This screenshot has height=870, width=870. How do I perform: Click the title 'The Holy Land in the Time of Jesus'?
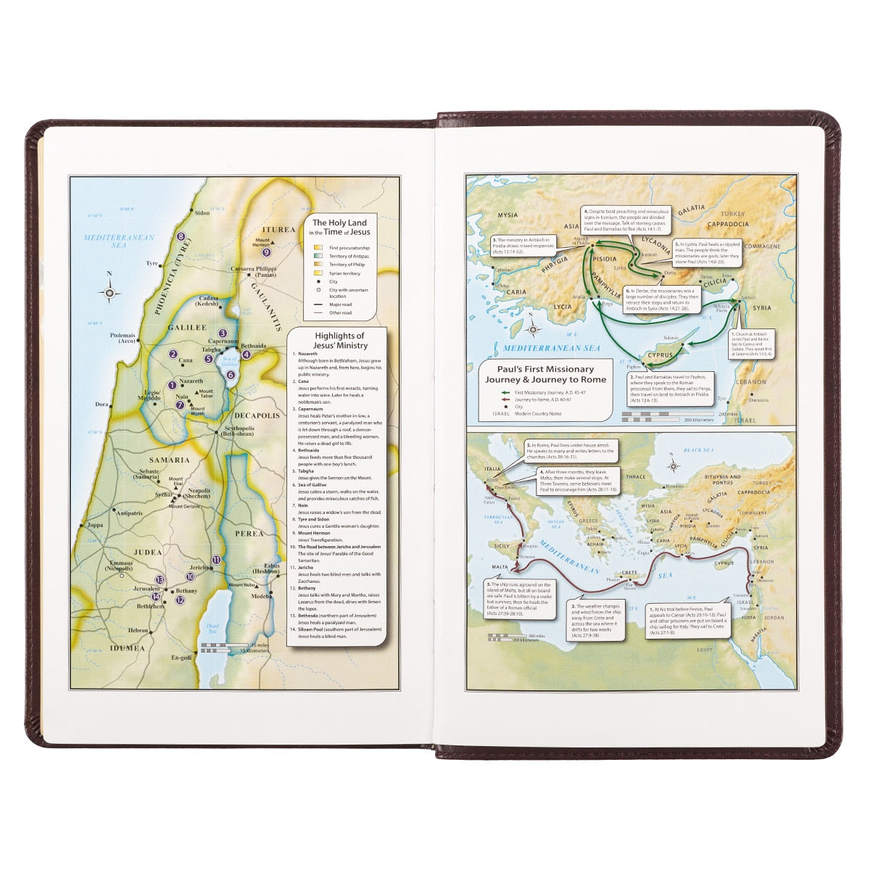(x=339, y=228)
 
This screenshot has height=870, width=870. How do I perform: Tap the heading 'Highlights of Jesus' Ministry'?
(x=340, y=341)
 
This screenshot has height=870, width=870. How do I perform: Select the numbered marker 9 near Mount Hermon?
(x=266, y=252)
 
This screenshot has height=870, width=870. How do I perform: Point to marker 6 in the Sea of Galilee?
(x=230, y=375)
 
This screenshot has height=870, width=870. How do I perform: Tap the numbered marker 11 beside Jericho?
(x=216, y=559)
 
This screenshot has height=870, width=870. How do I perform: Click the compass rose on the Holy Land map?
(x=110, y=293)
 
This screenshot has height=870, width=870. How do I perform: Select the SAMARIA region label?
(x=170, y=460)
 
